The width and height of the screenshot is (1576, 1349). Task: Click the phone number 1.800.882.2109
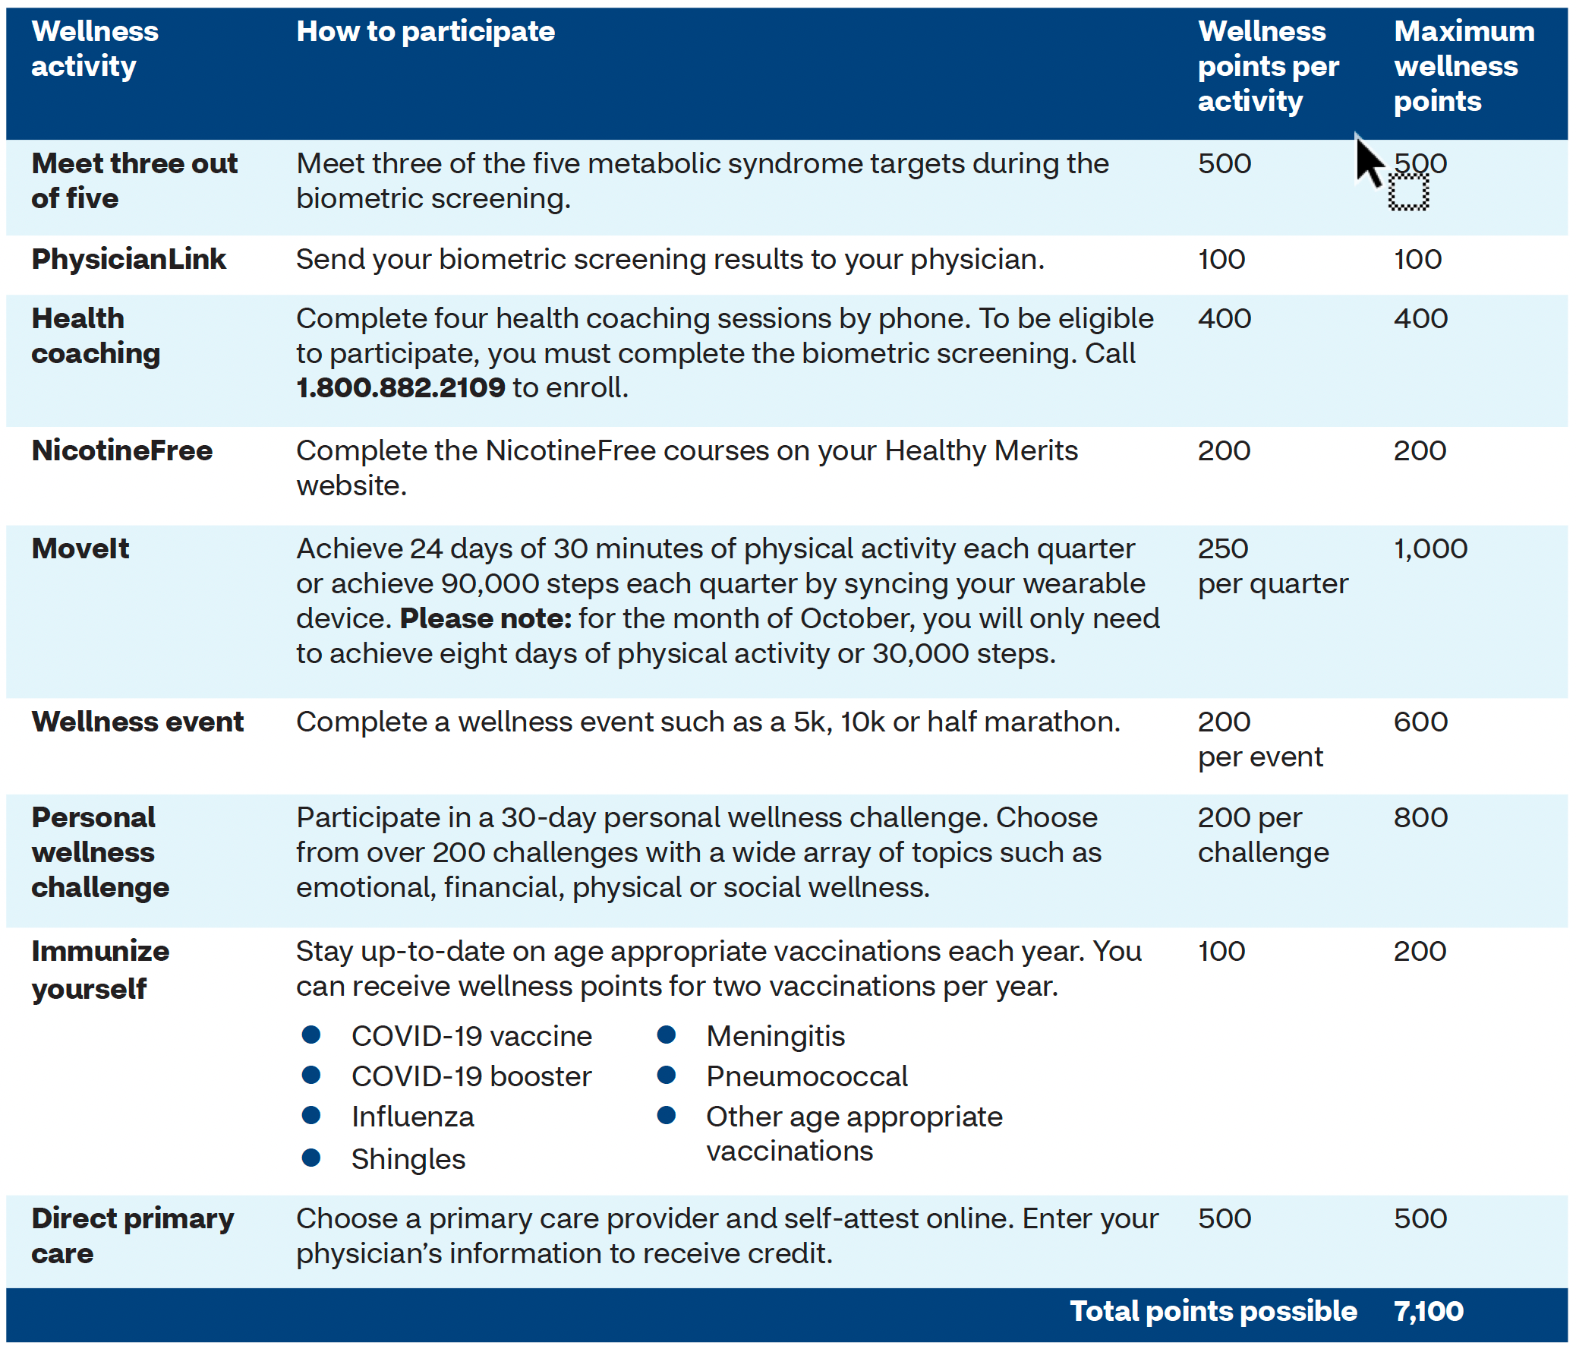[x=400, y=387]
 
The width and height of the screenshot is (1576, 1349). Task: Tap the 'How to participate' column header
[x=425, y=31]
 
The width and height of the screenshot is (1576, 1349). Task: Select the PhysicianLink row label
[x=128, y=259]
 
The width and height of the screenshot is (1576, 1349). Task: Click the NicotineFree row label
[x=121, y=450]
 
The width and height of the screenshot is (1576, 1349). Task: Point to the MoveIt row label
[x=80, y=548]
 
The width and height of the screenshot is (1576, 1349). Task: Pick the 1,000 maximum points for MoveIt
[x=1430, y=548]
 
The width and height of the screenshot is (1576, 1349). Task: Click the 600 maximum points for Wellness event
[x=1420, y=722]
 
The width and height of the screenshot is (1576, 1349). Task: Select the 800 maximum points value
[x=1420, y=817]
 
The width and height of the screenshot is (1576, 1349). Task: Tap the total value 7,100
[x=1428, y=1311]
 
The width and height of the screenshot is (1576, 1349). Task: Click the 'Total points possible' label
[x=1212, y=1311]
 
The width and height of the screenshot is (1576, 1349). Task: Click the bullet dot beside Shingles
[x=310, y=1158]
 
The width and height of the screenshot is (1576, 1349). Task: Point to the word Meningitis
[x=775, y=1035]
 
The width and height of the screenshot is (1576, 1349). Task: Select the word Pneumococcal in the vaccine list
[x=806, y=1076]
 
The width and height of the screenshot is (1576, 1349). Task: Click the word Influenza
[x=412, y=1116]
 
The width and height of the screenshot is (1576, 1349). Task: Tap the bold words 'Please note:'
[x=485, y=618]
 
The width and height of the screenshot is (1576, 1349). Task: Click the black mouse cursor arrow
[x=1367, y=160]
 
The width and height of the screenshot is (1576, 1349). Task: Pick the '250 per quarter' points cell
[x=1272, y=566]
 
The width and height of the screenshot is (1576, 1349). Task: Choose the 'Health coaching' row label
[x=96, y=336]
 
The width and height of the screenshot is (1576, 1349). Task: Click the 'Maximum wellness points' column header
[x=1464, y=66]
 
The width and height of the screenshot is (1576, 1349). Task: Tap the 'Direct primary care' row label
[x=132, y=1236]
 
